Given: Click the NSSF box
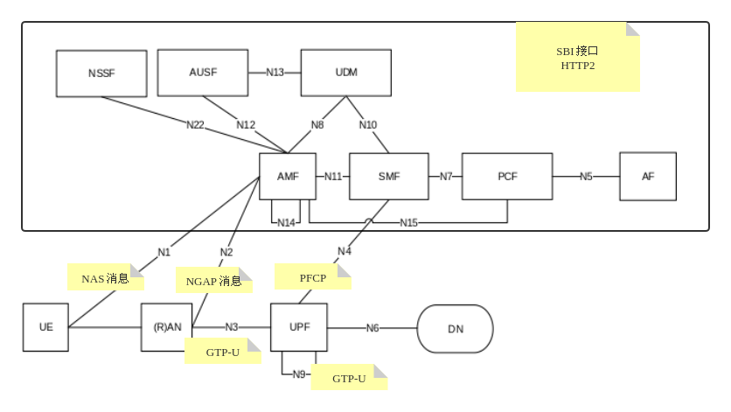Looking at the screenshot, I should (x=101, y=73).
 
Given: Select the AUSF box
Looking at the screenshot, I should (x=203, y=73).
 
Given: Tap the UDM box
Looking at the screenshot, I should (x=346, y=73).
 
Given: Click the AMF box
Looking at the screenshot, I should (x=288, y=176).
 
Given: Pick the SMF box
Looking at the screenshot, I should (x=389, y=176).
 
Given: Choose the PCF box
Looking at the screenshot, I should (x=507, y=176).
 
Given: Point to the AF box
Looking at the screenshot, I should (x=648, y=176).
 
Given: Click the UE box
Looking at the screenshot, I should (x=45, y=327).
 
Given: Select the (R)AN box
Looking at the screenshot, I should (x=167, y=327).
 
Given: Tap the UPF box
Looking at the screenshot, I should (x=299, y=327).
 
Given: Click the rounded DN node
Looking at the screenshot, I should (x=456, y=329).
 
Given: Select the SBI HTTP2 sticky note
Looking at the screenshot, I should (x=577, y=58).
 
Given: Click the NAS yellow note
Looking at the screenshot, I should (x=105, y=278).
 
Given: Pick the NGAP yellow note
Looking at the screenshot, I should (x=213, y=281).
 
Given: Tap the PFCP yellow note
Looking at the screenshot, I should (x=312, y=278).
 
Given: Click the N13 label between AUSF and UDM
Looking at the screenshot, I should (x=275, y=73).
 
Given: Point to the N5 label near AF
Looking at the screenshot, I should (x=586, y=176).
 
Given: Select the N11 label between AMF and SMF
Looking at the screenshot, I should (x=333, y=176).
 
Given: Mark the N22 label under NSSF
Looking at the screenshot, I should (x=195, y=125).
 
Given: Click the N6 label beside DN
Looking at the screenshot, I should (x=372, y=328).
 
